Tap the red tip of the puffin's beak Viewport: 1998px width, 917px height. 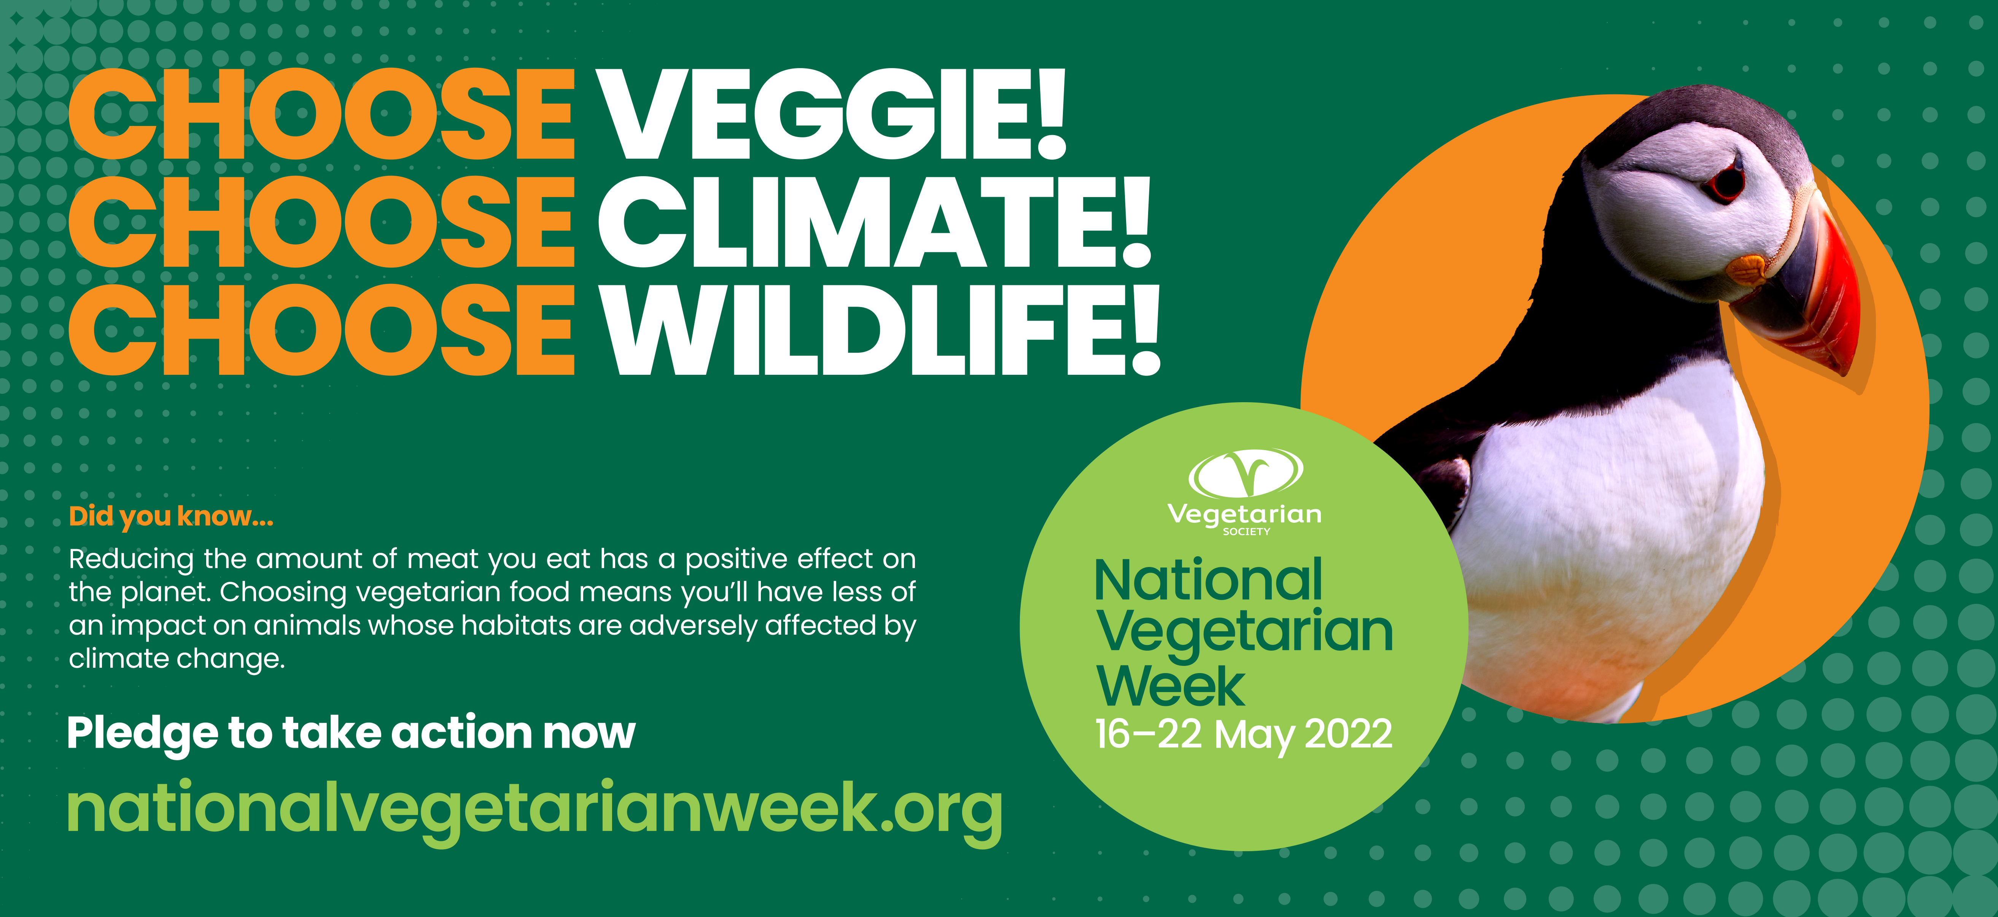tap(1846, 365)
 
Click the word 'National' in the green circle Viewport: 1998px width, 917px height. tap(1207, 580)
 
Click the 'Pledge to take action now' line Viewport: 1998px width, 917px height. tap(351, 733)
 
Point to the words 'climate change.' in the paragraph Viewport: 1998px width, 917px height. tap(177, 659)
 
